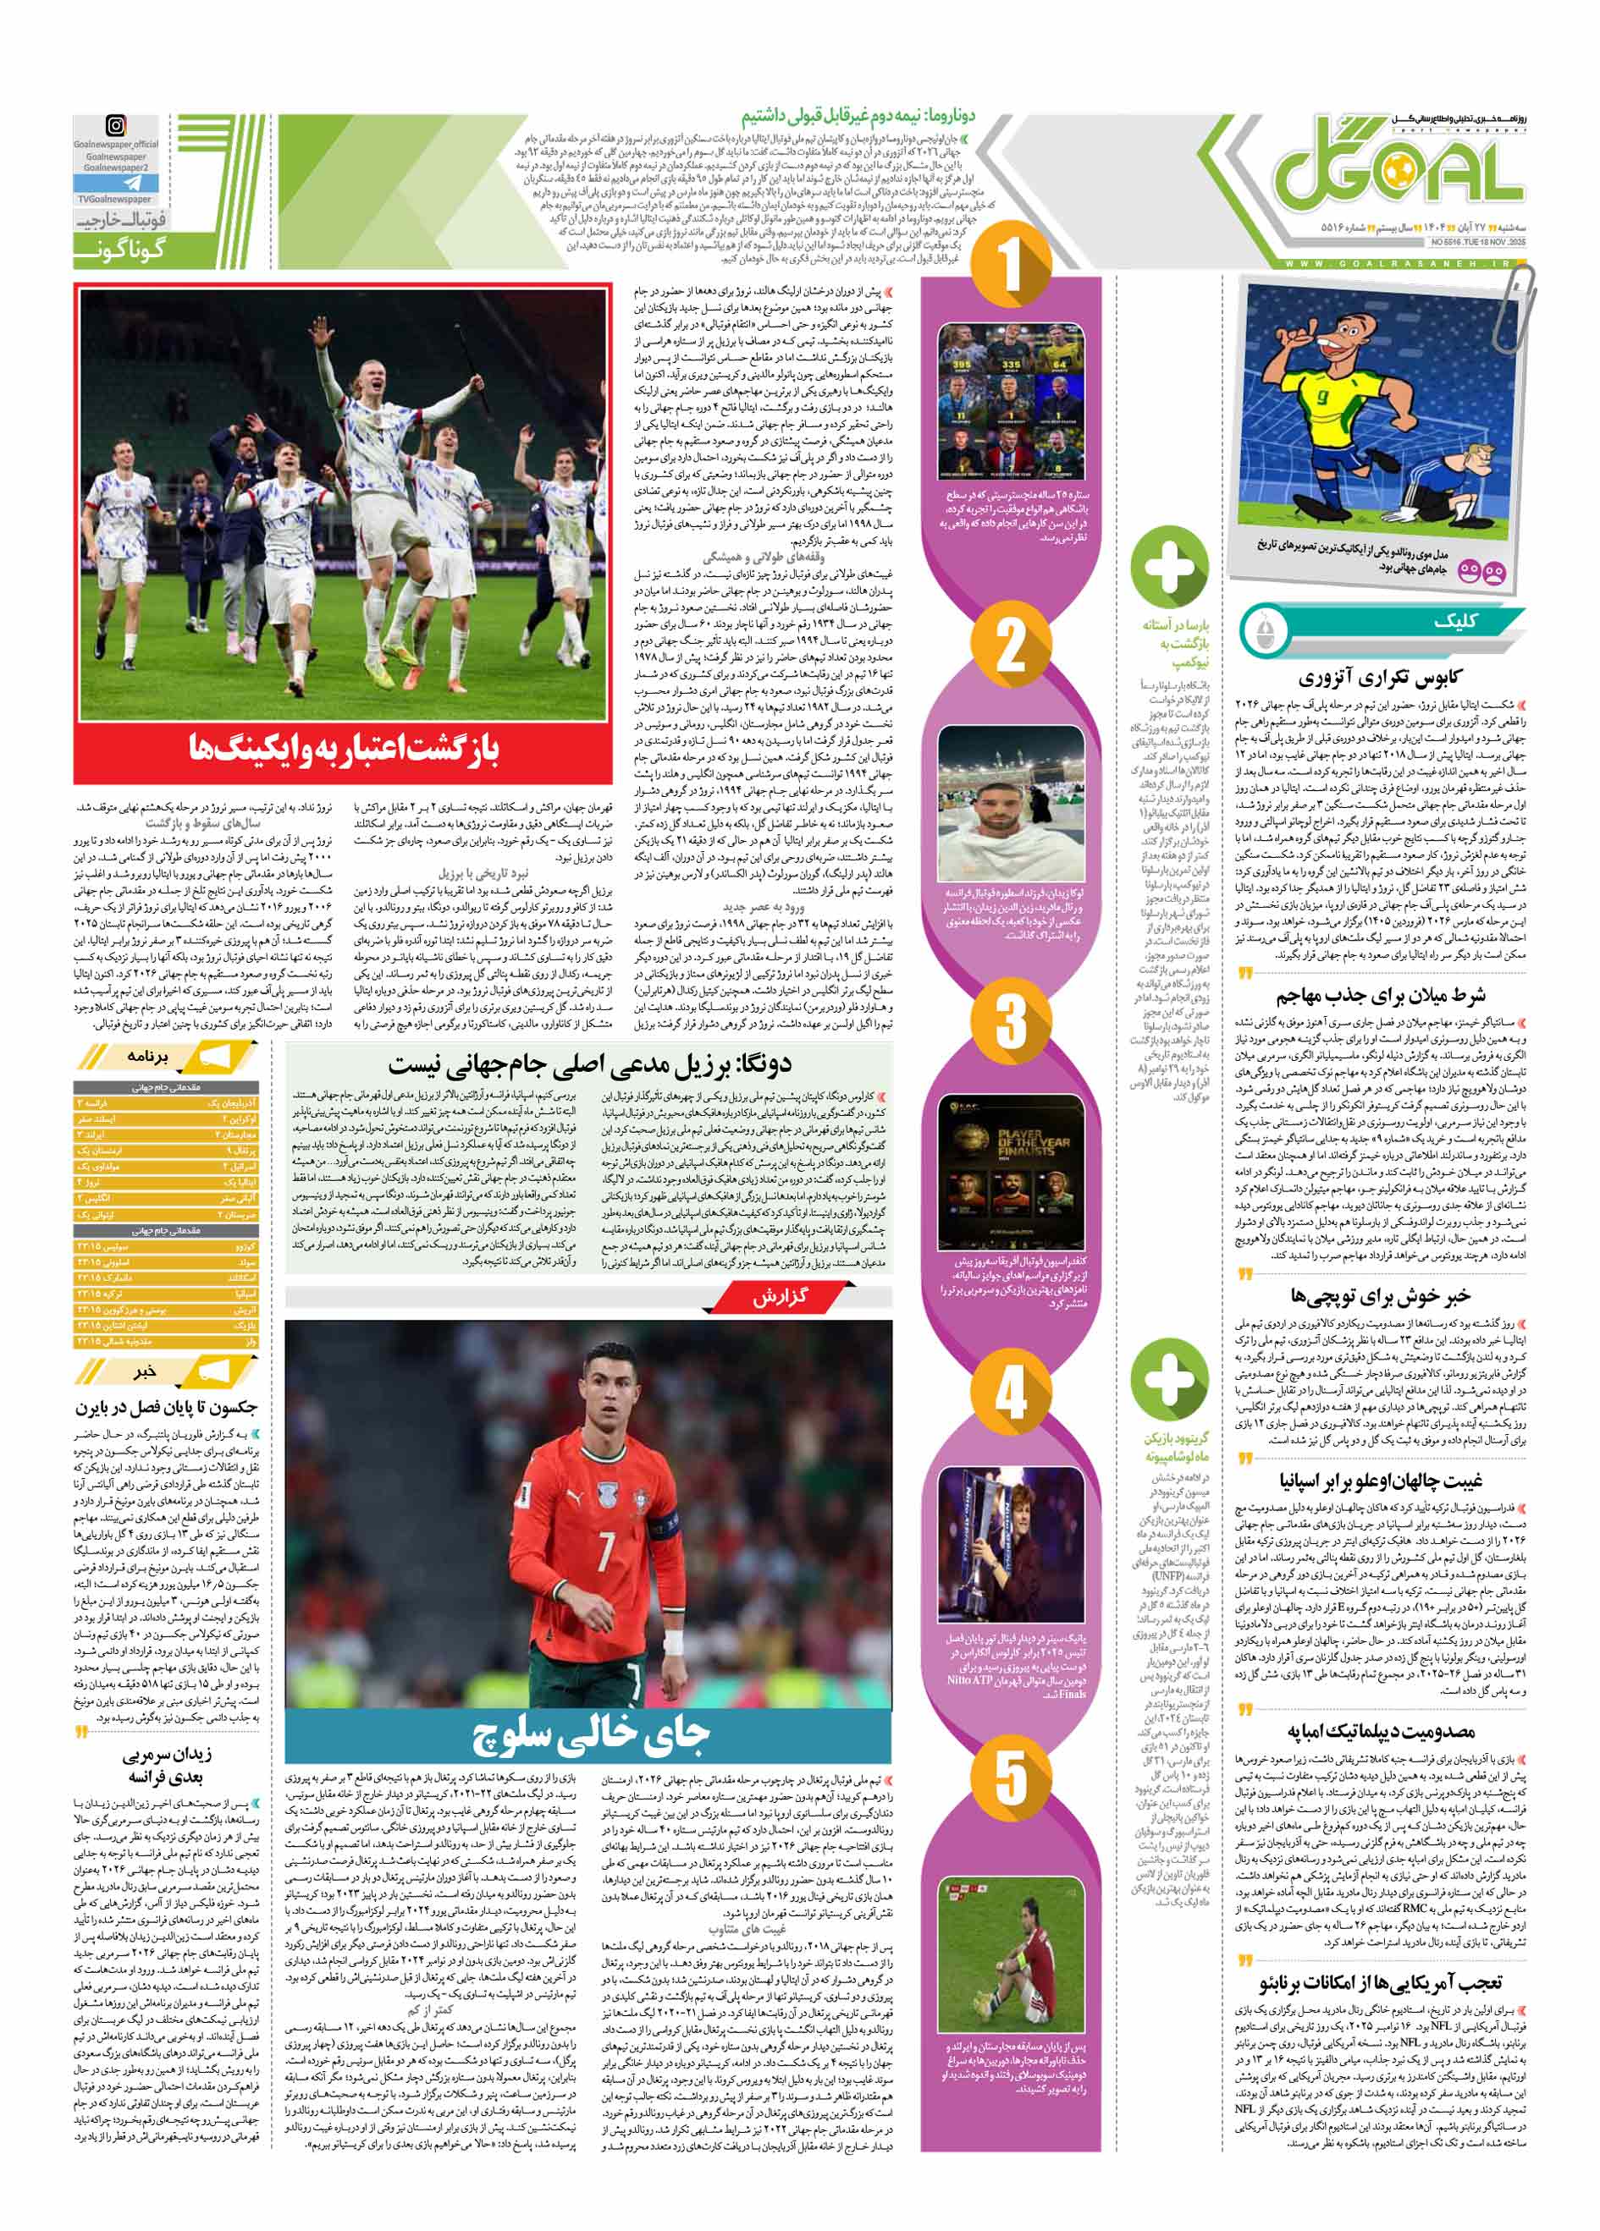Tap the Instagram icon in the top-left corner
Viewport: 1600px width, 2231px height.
pyautogui.click(x=115, y=126)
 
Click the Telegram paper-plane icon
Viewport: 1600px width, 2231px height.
pyautogui.click(x=114, y=183)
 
